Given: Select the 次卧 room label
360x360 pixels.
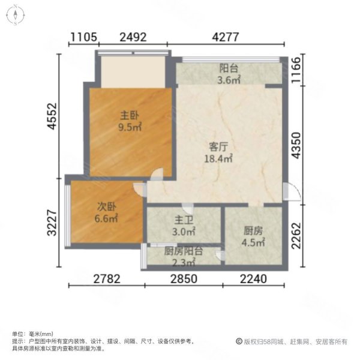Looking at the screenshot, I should pyautogui.click(x=106, y=208).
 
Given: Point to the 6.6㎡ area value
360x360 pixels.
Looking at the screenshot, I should pyautogui.click(x=106, y=219).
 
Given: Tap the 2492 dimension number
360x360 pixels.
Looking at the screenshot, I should pyautogui.click(x=133, y=37).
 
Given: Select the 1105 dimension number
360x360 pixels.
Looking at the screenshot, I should pyautogui.click(x=83, y=37).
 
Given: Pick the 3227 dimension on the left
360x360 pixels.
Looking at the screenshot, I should pyautogui.click(x=52, y=221).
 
